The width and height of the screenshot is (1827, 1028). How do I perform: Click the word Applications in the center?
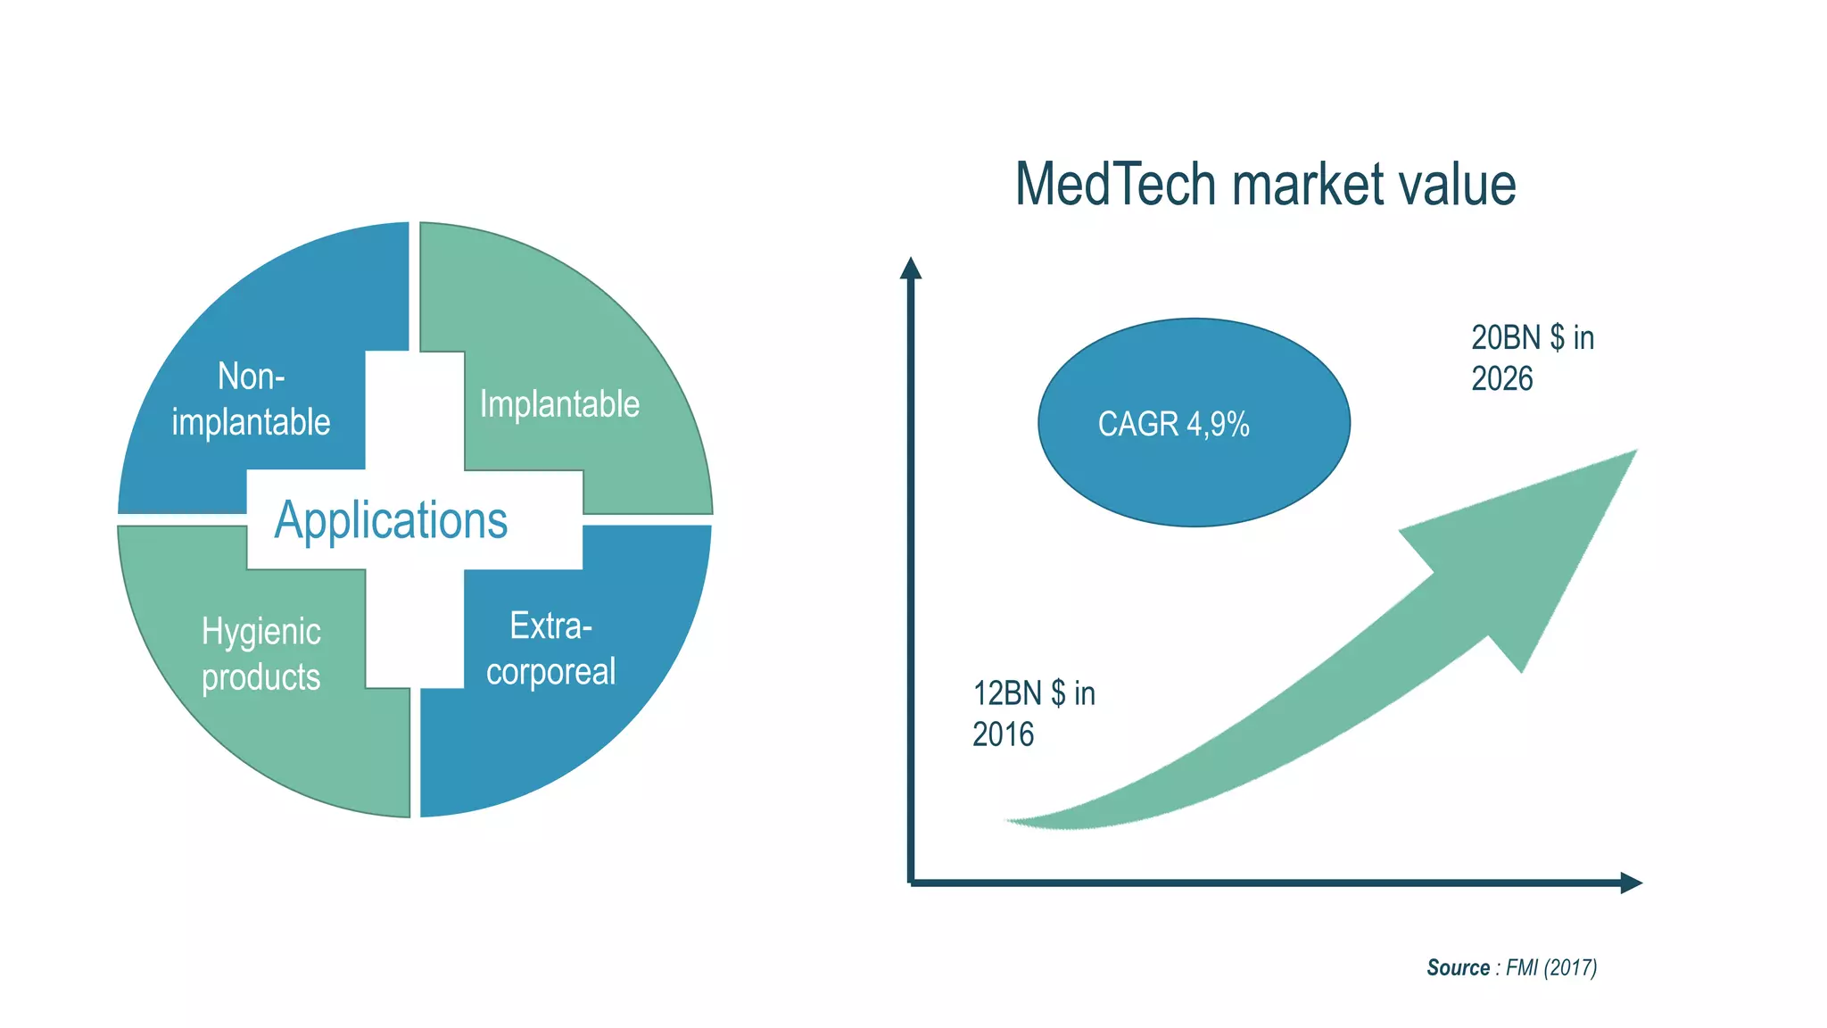point(391,520)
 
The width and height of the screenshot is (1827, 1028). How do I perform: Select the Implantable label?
point(559,404)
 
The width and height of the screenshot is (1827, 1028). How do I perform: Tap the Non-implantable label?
point(251,399)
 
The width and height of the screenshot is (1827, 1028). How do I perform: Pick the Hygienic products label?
point(260,654)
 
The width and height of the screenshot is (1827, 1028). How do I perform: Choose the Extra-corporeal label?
point(550,649)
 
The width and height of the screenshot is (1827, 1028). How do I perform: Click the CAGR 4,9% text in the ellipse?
point(1173,424)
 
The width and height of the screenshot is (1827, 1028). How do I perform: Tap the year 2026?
point(1501,379)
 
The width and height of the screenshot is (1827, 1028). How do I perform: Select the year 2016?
point(1003,734)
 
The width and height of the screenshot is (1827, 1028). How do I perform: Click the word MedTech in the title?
point(1115,185)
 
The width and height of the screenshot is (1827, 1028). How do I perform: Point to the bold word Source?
point(1458,967)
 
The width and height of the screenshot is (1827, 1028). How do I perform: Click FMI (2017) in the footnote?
point(1550,967)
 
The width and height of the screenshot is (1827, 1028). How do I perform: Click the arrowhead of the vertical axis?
point(910,267)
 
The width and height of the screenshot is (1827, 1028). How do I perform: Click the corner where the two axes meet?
point(910,883)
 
